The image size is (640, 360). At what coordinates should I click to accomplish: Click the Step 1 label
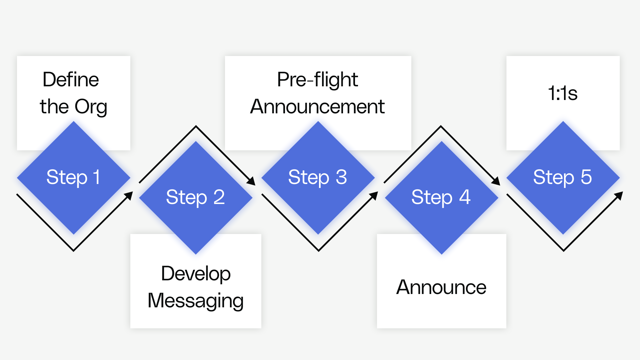pos(73,177)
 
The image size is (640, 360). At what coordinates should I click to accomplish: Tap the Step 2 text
pos(196,197)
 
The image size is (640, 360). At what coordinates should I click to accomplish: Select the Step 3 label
pos(318,177)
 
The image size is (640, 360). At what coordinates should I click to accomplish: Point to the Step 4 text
pos(441,197)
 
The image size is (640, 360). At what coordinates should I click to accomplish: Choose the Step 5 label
pos(563,177)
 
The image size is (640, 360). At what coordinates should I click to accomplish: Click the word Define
pos(71,80)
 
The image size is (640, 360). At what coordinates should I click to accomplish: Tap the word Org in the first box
pos(91,107)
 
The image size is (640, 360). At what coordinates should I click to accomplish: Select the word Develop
pos(196,274)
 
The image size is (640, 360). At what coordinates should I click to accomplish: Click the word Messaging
pos(196,301)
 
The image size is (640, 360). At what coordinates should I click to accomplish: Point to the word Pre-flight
pos(318,80)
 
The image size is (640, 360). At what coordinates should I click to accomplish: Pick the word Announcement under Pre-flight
pos(318,107)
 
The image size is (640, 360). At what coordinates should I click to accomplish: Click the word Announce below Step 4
pos(441,287)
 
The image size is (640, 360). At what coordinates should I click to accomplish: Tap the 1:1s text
pos(563,93)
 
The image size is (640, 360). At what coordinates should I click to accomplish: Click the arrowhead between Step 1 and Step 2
pos(129,195)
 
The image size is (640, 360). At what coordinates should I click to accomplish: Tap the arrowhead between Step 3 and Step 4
pos(374,195)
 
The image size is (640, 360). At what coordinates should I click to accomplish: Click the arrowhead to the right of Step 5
pos(619,195)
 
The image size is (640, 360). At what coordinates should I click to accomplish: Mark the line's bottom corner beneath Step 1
pos(73,250)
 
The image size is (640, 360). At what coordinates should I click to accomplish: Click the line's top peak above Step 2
pos(196,126)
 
